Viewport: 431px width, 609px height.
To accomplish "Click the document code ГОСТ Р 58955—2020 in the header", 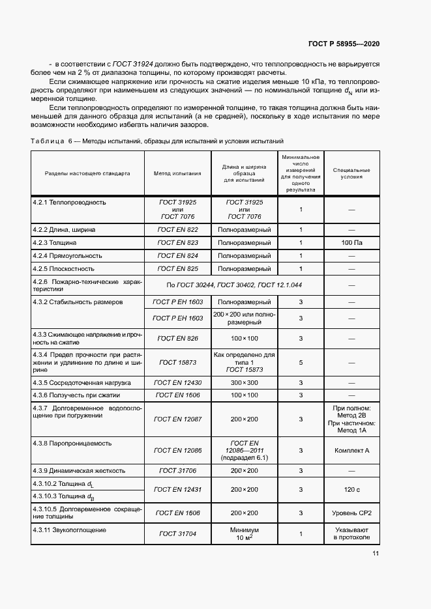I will tap(344, 44).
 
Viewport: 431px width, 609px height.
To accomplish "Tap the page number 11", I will tap(376, 554).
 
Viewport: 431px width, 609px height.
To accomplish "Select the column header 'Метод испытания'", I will tap(177, 174).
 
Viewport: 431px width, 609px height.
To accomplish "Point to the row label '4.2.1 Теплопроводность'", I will tap(69, 203).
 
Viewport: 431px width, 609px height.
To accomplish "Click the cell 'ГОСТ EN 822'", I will tap(177, 230).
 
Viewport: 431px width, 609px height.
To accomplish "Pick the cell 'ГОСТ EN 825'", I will tap(177, 268).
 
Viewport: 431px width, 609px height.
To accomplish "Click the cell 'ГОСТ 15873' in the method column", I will tap(177, 361).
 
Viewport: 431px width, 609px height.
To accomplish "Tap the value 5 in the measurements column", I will tap(301, 361).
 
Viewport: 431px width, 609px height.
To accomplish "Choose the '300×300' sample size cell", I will tap(245, 382).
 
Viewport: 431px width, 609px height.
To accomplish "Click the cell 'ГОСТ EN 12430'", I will tap(177, 382).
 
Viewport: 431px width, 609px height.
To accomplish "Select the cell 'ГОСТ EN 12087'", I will tap(177, 419).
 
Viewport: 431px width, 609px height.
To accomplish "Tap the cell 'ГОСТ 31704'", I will tap(177, 535).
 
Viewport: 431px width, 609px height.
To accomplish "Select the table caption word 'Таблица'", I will tap(47, 141).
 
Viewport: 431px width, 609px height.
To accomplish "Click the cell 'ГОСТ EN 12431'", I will tap(177, 489).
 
